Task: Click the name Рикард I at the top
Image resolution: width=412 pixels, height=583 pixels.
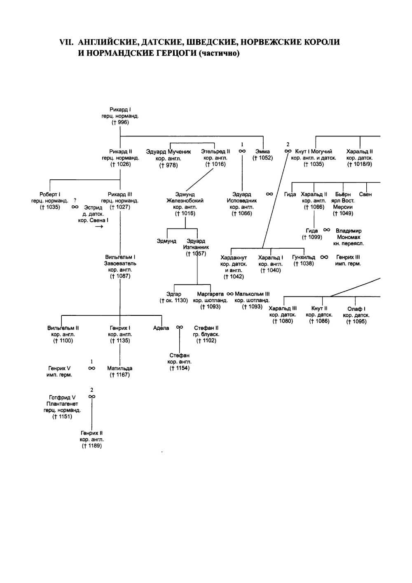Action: [x=120, y=110]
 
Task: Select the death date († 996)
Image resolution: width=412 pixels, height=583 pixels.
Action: [x=120, y=122]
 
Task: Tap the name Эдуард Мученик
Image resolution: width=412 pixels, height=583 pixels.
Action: [x=169, y=152]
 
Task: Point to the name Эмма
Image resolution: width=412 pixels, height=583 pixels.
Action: [x=262, y=152]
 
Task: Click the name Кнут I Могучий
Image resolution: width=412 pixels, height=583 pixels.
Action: [x=314, y=152]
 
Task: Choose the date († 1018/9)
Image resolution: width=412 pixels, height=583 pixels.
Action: [x=359, y=165]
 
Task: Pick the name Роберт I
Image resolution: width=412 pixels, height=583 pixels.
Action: [x=50, y=195]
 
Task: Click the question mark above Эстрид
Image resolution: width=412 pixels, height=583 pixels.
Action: [x=75, y=201]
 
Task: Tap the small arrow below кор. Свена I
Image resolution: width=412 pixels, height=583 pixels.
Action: [x=99, y=226]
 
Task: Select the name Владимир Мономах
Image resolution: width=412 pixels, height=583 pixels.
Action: [x=349, y=234]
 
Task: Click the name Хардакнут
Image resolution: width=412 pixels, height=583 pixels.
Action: [x=234, y=258]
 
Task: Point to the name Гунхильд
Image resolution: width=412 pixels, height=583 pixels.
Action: [x=304, y=257]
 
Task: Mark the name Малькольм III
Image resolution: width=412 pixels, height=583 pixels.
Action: [x=252, y=294]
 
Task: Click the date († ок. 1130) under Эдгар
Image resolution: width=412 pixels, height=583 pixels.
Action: [x=174, y=301]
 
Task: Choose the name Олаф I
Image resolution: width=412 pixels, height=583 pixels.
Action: [x=356, y=309]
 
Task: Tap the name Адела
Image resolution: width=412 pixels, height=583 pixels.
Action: [x=161, y=328]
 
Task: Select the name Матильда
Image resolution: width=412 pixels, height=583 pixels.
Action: [x=119, y=369]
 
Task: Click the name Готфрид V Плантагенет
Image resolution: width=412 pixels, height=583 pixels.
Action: [x=62, y=401]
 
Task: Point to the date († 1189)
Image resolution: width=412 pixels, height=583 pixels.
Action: [x=92, y=446]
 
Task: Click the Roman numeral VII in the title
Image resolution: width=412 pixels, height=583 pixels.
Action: [x=67, y=42]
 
